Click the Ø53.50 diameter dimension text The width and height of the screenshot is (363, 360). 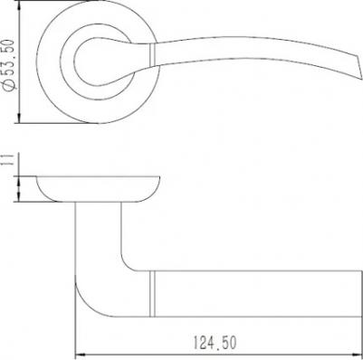coord(9,65)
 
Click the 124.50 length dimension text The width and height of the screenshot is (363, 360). coord(215,343)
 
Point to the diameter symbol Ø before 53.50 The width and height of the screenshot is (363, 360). coord(9,85)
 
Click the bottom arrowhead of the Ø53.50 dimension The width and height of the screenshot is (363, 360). coord(19,118)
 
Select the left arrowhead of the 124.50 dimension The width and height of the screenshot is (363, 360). coord(80,355)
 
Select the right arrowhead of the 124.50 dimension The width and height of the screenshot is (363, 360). coord(357,355)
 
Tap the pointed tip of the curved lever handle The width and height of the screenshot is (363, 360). coord(361,79)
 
